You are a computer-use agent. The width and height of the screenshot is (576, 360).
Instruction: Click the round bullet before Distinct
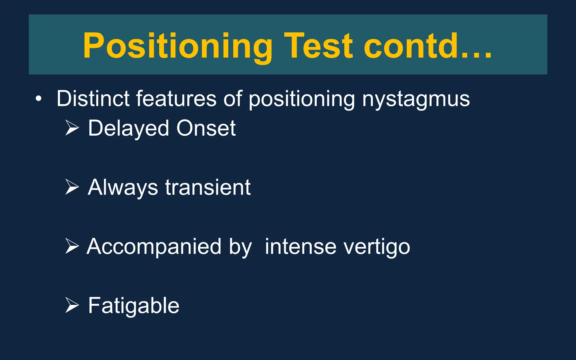39,99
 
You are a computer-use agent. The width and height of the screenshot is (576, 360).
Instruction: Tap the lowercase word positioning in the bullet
301,99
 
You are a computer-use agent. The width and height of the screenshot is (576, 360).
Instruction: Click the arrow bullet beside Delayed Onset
72,128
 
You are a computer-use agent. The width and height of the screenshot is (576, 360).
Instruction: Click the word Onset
206,128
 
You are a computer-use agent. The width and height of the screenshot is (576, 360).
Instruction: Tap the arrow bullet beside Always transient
72,187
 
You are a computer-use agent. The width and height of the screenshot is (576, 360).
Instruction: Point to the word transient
208,187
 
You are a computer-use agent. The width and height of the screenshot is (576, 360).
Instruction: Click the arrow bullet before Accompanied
72,246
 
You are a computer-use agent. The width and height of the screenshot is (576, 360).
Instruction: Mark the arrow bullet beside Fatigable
72,305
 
